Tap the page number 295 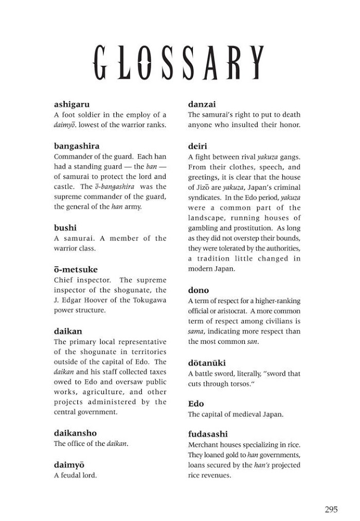click(x=331, y=510)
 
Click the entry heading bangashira click(x=77, y=146)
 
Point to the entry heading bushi click(x=65, y=228)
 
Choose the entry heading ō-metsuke click(x=76, y=269)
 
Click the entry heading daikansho click(x=75, y=433)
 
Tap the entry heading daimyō click(x=69, y=464)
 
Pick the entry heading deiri click(x=197, y=146)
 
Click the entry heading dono click(x=199, y=290)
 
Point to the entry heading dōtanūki click(x=207, y=363)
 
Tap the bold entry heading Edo click(x=196, y=404)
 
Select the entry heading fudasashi click(x=208, y=434)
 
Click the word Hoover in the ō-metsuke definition click(x=110, y=301)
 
